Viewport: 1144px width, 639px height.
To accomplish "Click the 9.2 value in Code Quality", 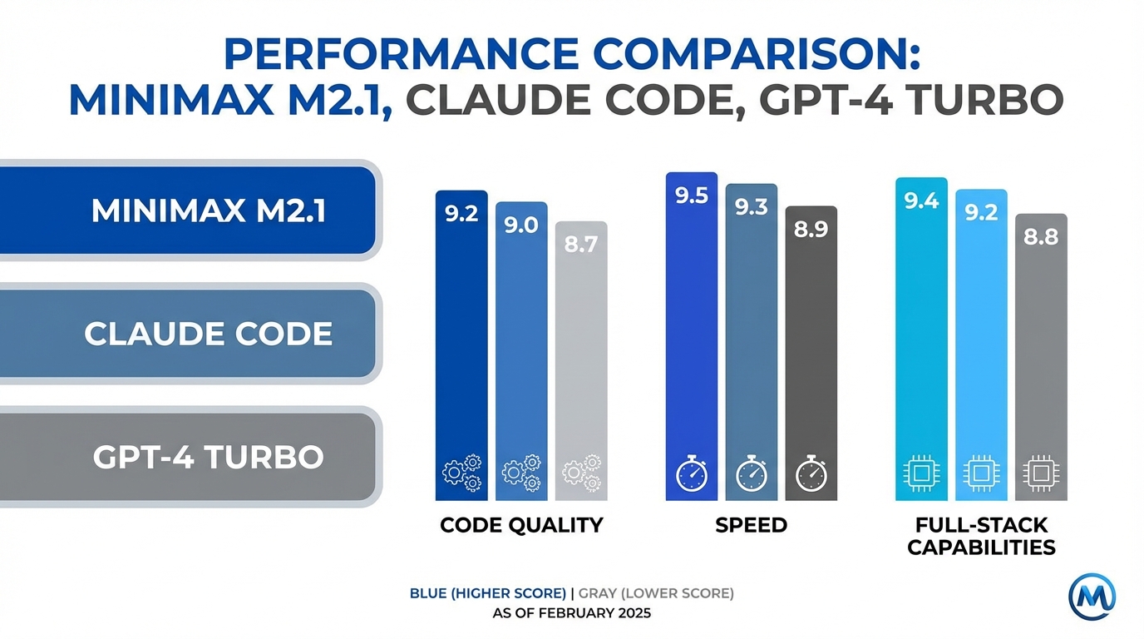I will click(461, 214).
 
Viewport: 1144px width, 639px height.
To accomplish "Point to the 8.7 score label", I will click(581, 245).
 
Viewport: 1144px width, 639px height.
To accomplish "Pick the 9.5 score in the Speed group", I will click(691, 196).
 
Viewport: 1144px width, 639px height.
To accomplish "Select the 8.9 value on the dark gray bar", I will click(811, 230).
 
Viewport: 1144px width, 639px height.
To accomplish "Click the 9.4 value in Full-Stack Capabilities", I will click(921, 201).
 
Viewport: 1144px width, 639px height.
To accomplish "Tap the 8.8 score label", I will click(1041, 237).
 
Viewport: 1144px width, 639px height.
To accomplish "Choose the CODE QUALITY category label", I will click(521, 526).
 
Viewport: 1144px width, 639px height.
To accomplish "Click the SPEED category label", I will click(751, 526).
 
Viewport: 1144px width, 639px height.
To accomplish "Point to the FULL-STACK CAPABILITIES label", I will click(981, 537).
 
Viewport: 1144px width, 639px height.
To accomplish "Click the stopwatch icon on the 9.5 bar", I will click(691, 474).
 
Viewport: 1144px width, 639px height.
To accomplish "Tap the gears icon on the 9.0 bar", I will click(521, 473).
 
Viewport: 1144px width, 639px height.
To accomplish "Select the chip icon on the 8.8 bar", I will click(1041, 474).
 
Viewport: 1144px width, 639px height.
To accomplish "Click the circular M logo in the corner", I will click(1092, 596).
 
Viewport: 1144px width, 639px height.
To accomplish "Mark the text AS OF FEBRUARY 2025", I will click(572, 614).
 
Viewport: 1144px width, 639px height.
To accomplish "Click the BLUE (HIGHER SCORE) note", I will click(488, 593).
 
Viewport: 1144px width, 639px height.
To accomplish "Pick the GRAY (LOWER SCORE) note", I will click(656, 593).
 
